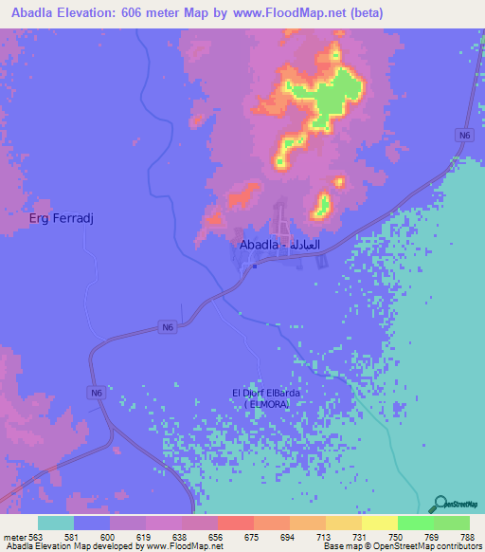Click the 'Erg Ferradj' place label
pos(63,219)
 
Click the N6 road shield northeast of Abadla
pos(463,136)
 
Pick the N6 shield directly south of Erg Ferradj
pos(168,326)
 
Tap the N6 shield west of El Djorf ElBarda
pos(96,392)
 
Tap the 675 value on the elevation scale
pos(251,536)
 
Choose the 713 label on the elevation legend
pos(323,536)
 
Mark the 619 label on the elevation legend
pos(143,536)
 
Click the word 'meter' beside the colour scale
pos(14,536)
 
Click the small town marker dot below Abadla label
pos(255,266)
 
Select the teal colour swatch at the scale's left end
pos(56,523)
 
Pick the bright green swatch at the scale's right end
pos(451,523)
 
